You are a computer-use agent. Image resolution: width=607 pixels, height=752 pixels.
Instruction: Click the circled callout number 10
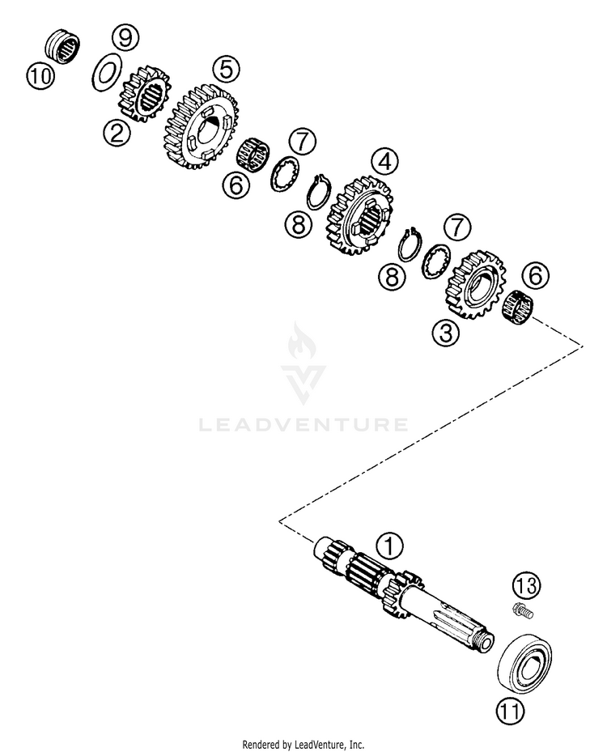(x=41, y=77)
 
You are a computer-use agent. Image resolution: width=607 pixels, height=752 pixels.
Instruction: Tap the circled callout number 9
(x=125, y=36)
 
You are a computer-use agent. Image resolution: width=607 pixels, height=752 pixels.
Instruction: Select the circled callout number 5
(x=225, y=70)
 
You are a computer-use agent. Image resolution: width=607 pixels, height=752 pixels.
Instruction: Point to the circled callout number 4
(x=384, y=162)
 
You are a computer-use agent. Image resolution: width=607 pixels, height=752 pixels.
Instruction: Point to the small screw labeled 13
(x=522, y=613)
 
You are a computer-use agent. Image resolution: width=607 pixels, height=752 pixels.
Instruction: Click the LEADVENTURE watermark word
(x=303, y=424)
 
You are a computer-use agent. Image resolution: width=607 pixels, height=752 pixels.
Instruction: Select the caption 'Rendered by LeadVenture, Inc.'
(x=303, y=744)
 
